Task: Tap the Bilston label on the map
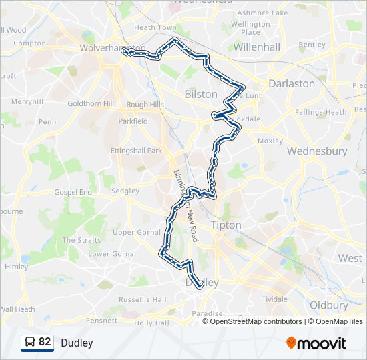(x=201, y=94)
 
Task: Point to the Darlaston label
(x=291, y=83)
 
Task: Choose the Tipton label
(x=226, y=225)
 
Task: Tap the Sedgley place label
(x=125, y=191)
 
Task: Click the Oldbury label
(x=328, y=305)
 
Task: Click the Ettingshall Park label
(x=136, y=151)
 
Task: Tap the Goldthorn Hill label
(x=91, y=104)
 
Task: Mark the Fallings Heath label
(x=320, y=112)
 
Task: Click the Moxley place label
(x=270, y=141)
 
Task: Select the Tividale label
(x=274, y=299)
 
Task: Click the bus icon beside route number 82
(x=30, y=343)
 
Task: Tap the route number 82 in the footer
(x=45, y=343)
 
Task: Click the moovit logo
(x=316, y=343)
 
